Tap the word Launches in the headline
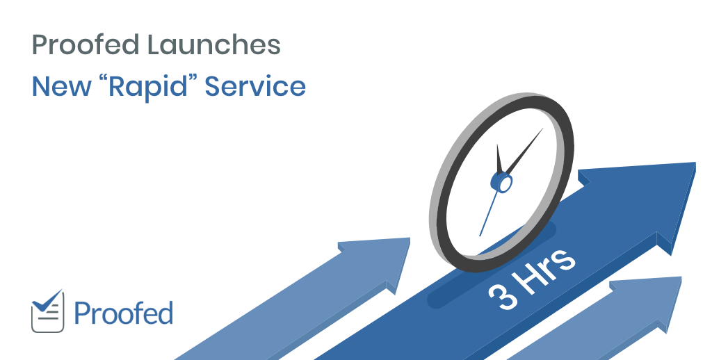tap(214, 44)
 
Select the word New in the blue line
tap(61, 86)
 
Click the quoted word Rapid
tap(147, 87)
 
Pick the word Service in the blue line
tap(255, 86)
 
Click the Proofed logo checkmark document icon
tap(48, 311)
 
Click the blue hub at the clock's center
tap(502, 183)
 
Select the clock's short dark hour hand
tap(499, 159)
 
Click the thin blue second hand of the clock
tap(489, 213)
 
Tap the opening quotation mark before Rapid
tap(104, 79)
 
